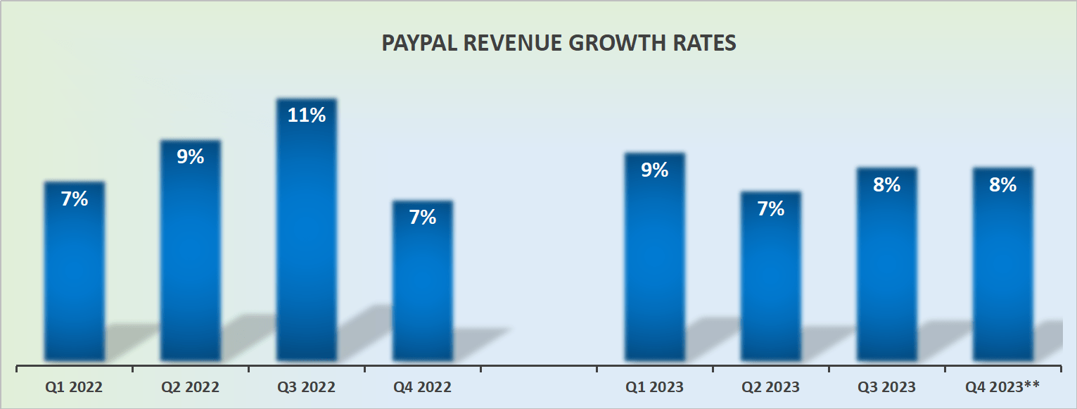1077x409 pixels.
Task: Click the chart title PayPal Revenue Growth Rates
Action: tap(559, 43)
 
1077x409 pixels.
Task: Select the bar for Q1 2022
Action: tap(75, 275)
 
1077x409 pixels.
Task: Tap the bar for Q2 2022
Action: tap(191, 253)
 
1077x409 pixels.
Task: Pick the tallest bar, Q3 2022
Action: tap(307, 232)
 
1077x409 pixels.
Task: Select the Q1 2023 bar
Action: tap(655, 260)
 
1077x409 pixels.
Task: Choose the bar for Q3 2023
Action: tap(887, 268)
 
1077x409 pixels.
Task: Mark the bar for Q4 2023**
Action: tap(1003, 268)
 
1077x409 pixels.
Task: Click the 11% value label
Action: tap(307, 115)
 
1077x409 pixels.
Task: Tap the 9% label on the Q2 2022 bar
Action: tap(191, 157)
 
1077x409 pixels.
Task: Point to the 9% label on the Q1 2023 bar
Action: tap(655, 170)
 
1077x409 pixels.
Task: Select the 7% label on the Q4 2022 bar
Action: tap(423, 218)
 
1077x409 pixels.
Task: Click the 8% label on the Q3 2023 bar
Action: tap(887, 184)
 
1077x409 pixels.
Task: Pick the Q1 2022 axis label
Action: tap(74, 387)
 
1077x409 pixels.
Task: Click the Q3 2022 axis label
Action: tap(307, 387)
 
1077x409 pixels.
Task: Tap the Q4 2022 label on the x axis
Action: tap(423, 387)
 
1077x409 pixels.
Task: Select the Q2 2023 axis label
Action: tap(771, 387)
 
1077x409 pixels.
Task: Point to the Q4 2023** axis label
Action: tap(1003, 386)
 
